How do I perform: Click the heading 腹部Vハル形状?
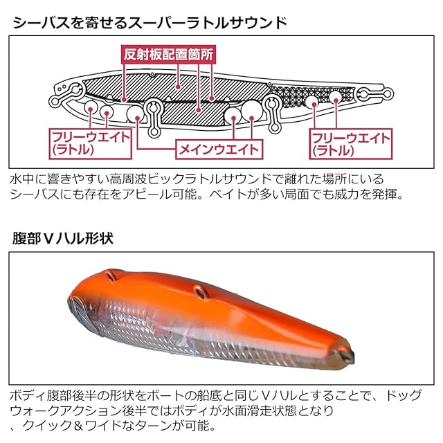(x=62, y=238)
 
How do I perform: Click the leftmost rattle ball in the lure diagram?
(x=90, y=107)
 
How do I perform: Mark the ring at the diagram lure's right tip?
(x=385, y=93)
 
